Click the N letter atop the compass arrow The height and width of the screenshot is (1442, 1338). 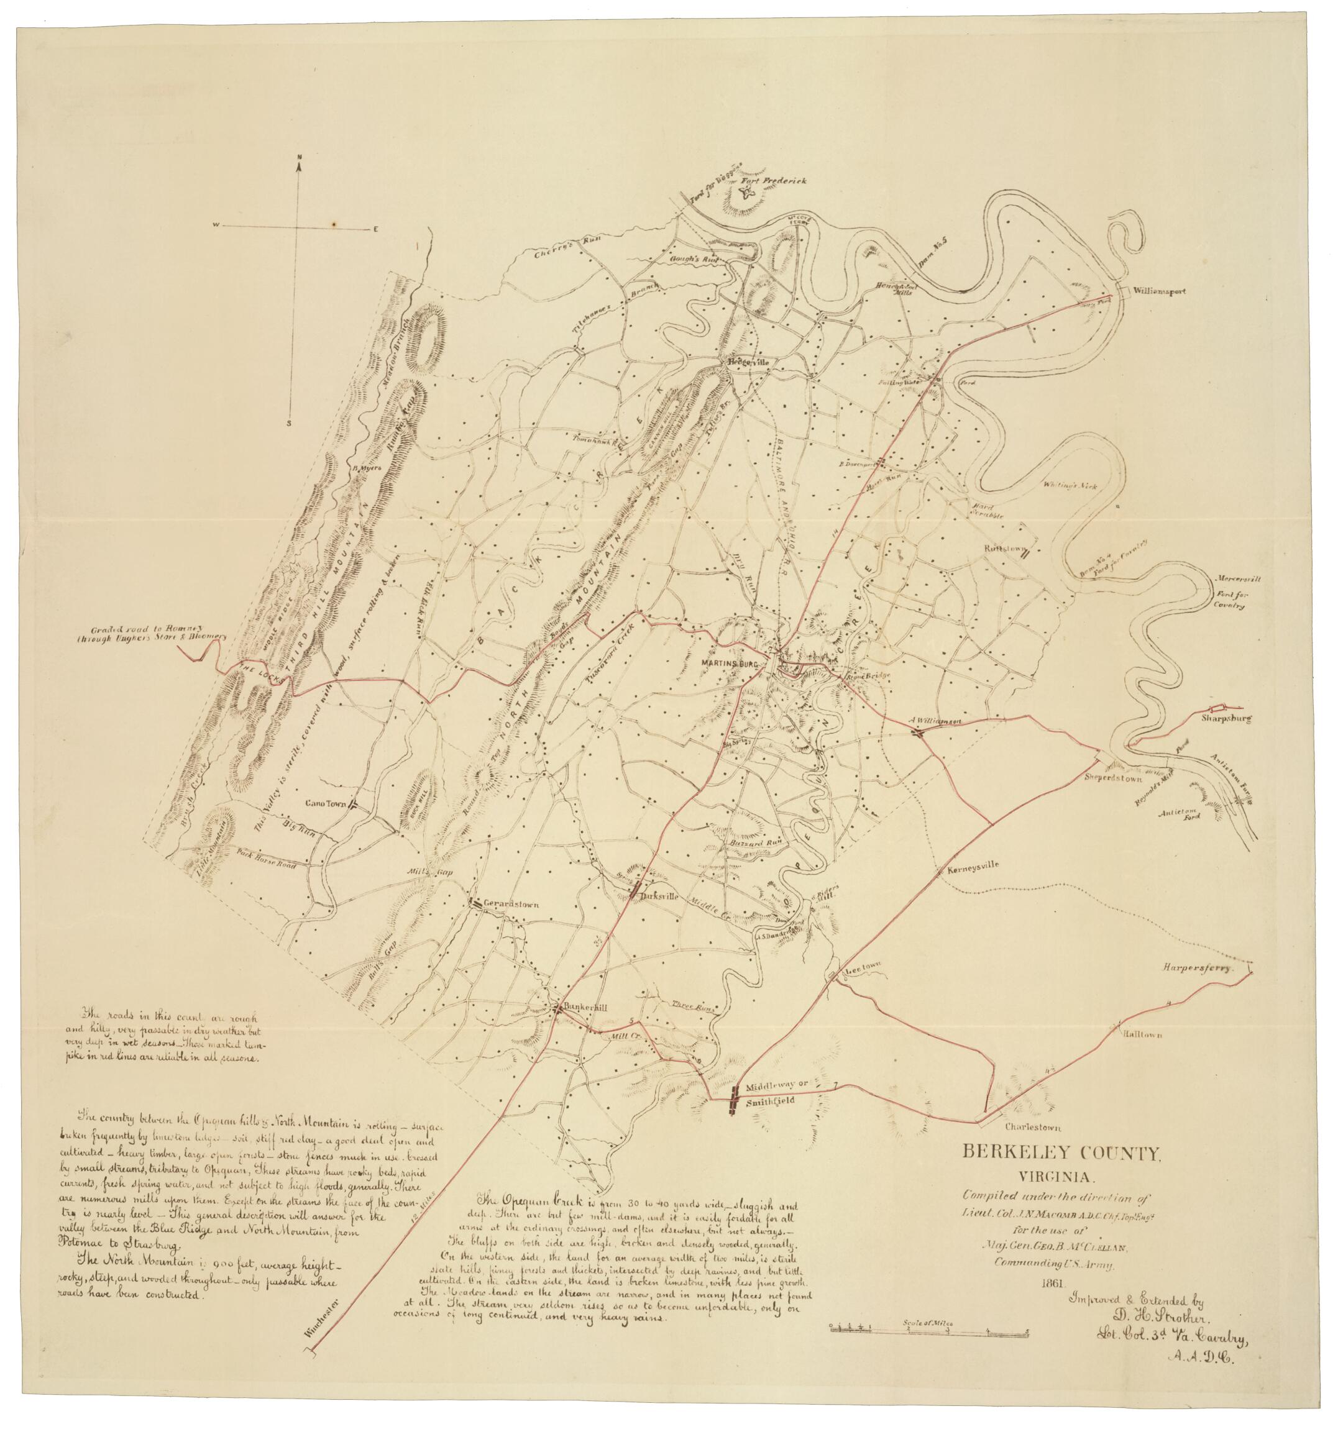coord(300,157)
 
